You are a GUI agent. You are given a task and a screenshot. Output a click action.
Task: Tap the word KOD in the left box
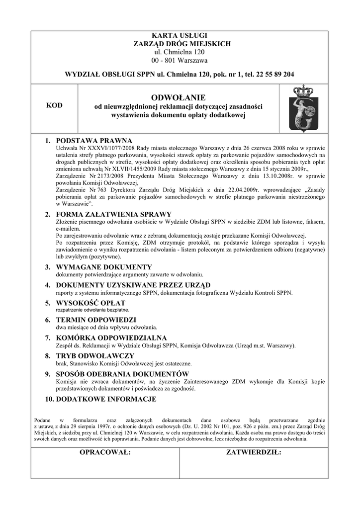pos(54,106)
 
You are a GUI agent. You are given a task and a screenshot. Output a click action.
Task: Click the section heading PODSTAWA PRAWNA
pos(94,141)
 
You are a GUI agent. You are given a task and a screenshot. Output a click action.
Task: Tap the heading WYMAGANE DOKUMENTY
pos(104,267)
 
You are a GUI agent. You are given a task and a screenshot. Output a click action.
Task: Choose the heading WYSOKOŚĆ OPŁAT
pos(90,303)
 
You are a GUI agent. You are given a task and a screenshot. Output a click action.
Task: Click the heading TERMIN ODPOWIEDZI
pos(96,320)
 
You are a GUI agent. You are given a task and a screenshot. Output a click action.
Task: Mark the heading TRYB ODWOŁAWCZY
pos(95,356)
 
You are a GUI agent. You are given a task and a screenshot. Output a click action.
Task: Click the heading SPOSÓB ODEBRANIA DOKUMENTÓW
pos(122,374)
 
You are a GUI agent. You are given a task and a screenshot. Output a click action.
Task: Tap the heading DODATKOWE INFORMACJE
pos(106,399)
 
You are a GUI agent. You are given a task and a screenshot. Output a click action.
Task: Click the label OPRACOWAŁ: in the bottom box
pos(105,452)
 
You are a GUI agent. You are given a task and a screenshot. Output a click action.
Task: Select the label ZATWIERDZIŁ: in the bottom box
pos(254,452)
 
